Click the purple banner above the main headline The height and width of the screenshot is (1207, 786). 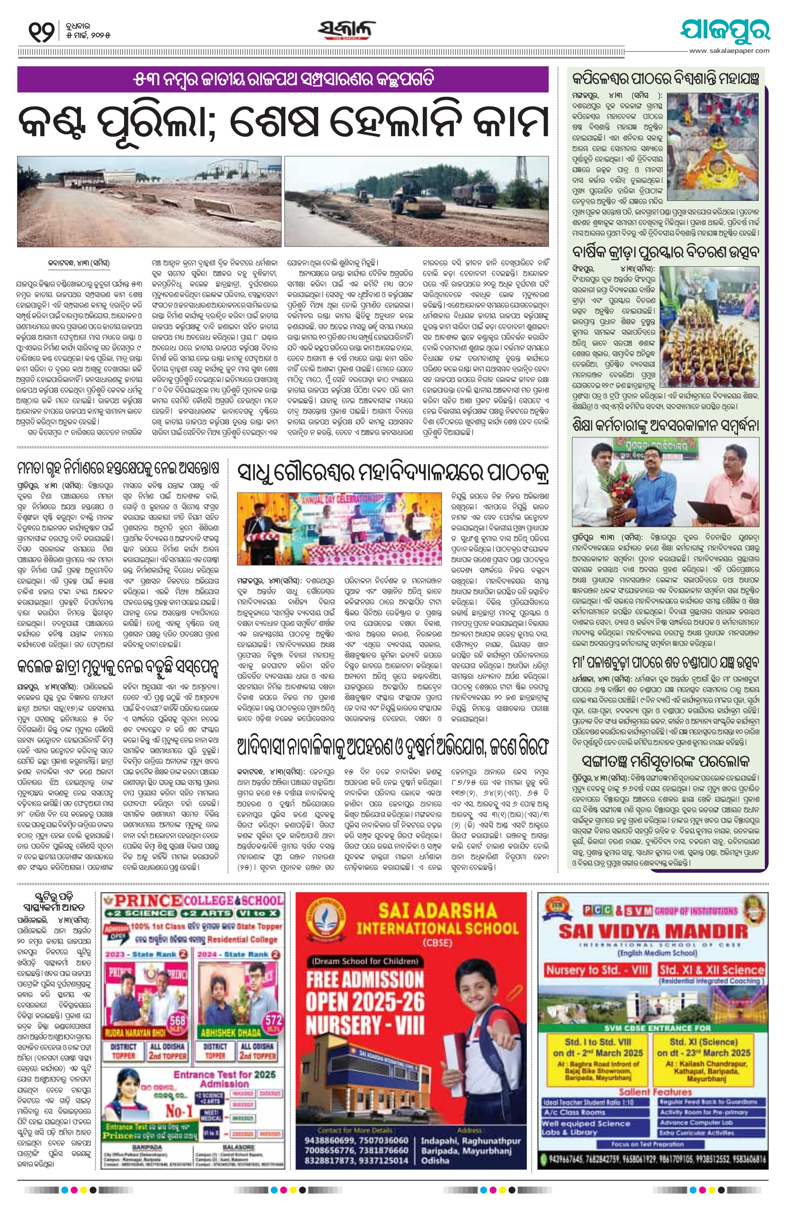pyautogui.click(x=283, y=79)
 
